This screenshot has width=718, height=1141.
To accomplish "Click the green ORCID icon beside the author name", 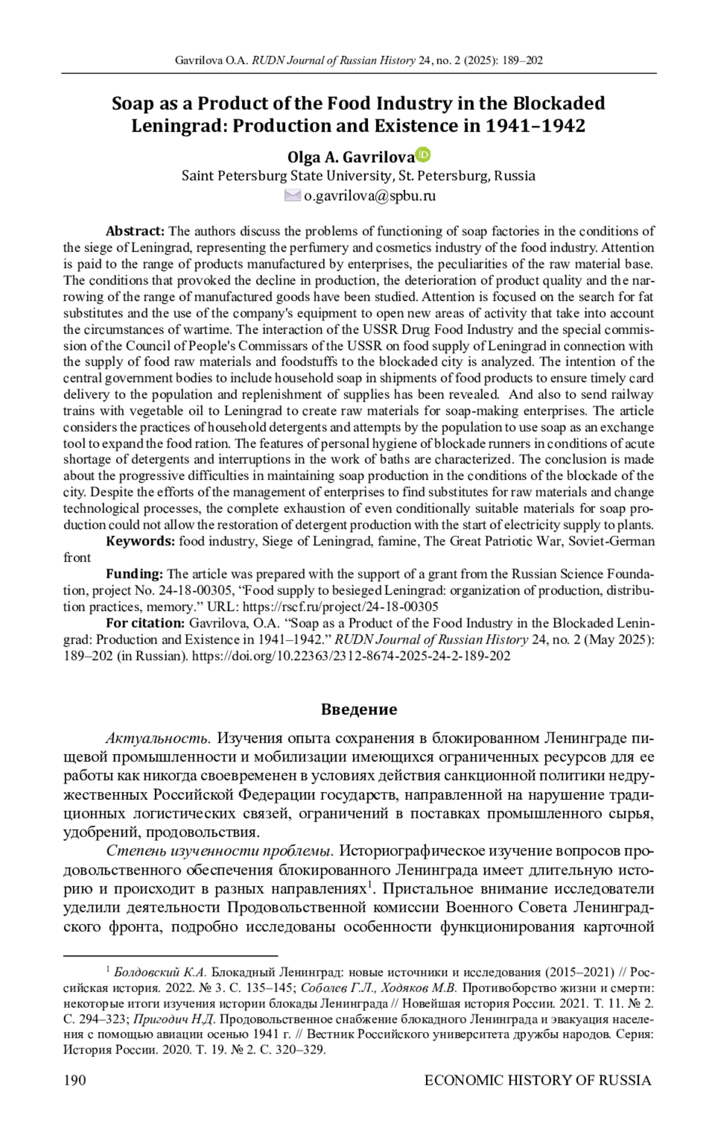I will tap(423, 154).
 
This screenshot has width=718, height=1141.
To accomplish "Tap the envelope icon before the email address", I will tap(293, 195).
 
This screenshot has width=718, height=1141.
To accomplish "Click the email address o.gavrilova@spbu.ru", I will tap(369, 196).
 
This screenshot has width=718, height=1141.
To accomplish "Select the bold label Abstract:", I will tap(135, 231).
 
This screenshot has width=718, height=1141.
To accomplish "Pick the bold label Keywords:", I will tap(140, 541).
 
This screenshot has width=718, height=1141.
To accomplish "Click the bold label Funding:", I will tap(134, 574).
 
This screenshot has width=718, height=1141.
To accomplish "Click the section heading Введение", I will tap(359, 709).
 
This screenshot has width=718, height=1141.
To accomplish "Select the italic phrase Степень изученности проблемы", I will tap(220, 851).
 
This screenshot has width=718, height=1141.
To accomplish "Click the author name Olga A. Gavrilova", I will tap(351, 157).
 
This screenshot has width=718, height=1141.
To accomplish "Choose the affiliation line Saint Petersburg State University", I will tap(286, 176).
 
